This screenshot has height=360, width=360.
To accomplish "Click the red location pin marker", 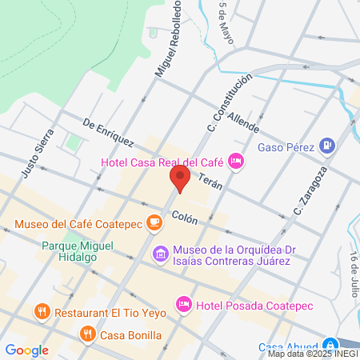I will click(179, 178).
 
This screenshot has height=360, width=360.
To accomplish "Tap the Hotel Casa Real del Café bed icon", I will click(235, 162).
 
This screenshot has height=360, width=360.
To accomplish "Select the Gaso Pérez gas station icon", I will click(326, 146).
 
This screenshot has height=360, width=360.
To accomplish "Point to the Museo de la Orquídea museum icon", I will click(160, 255).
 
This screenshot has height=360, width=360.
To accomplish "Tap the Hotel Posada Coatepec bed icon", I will click(184, 303).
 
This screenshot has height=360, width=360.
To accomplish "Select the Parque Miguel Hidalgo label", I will click(78, 252).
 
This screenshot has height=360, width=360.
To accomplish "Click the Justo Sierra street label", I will click(38, 154).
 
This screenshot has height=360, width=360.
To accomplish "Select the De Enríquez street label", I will click(107, 134).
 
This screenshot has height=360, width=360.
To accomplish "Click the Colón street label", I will click(184, 216).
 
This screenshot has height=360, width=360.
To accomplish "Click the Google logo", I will click(26, 350).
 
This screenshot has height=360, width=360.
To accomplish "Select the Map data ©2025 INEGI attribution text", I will click(310, 354).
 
